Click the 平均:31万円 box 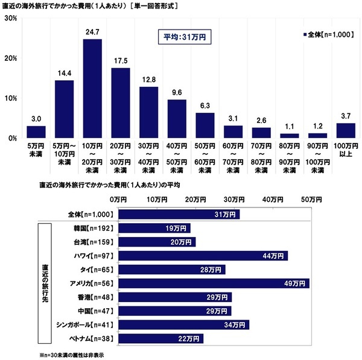click(185, 37)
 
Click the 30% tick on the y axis click(10, 18)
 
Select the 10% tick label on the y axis click(10, 98)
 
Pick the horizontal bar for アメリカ click(214, 283)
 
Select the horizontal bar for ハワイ click(203, 256)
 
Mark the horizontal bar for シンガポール click(184, 324)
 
